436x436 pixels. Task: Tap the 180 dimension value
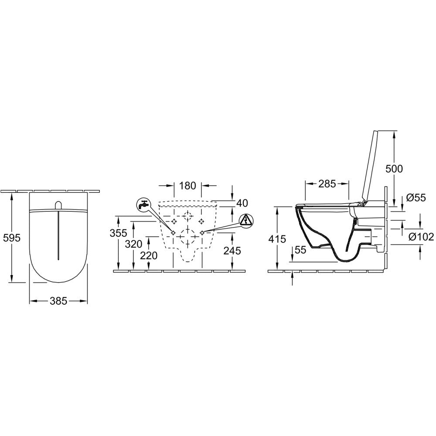click(188, 185)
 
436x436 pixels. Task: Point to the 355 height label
click(119, 233)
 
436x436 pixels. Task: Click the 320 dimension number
click(133, 244)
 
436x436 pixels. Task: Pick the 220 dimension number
click(149, 255)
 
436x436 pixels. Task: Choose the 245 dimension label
click(232, 251)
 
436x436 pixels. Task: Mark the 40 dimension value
click(242, 203)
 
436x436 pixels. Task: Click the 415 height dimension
click(277, 239)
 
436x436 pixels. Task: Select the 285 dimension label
click(327, 184)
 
